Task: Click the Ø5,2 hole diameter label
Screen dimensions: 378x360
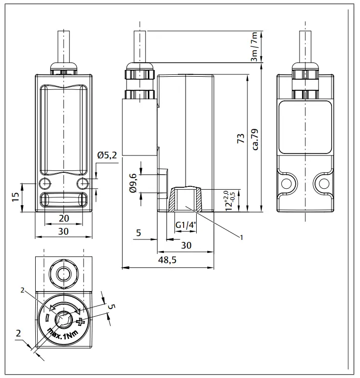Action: pyautogui.click(x=107, y=155)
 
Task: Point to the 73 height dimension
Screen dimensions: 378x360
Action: pyautogui.click(x=241, y=139)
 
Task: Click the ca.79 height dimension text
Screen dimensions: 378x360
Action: pyautogui.click(x=255, y=139)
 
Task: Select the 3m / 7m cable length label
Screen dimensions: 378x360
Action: pyautogui.click(x=254, y=46)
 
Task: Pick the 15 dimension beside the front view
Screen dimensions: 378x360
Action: pyautogui.click(x=15, y=197)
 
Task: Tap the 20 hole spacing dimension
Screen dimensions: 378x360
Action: pyautogui.click(x=63, y=218)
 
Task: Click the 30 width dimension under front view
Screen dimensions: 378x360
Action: pyautogui.click(x=63, y=232)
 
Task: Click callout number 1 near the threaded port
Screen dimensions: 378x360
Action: pyautogui.click(x=241, y=237)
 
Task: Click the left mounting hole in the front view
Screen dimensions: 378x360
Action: pyautogui.click(x=45, y=183)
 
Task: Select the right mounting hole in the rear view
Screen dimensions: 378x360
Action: pyautogui.click(x=321, y=183)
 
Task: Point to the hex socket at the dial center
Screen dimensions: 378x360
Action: pyautogui.click(x=63, y=319)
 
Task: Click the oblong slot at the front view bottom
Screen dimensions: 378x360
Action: pyautogui.click(x=63, y=200)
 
